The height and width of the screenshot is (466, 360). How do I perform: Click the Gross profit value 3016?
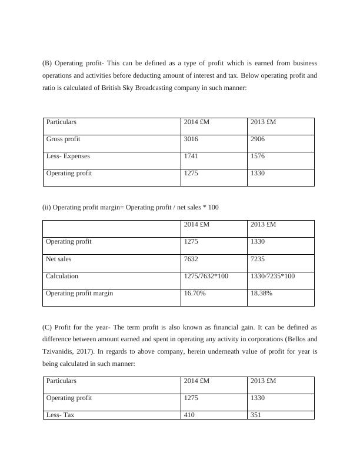coord(191,139)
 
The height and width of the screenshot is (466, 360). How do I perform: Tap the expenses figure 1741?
coord(191,157)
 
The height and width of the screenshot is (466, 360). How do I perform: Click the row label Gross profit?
coord(64,139)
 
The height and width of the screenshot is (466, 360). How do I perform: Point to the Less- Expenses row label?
coord(68,157)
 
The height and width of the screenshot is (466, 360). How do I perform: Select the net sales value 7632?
coord(191,259)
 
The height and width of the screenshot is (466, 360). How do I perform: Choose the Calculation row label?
coord(62,276)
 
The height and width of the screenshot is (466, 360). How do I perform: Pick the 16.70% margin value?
coord(195,293)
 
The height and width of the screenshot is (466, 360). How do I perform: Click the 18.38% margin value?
coord(262,293)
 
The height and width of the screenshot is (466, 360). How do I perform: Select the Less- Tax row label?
coord(61,415)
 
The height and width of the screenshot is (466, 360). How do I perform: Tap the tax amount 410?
coord(189,415)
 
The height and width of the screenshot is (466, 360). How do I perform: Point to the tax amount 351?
coord(256,415)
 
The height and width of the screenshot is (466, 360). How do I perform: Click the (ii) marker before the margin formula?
coord(46,207)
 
